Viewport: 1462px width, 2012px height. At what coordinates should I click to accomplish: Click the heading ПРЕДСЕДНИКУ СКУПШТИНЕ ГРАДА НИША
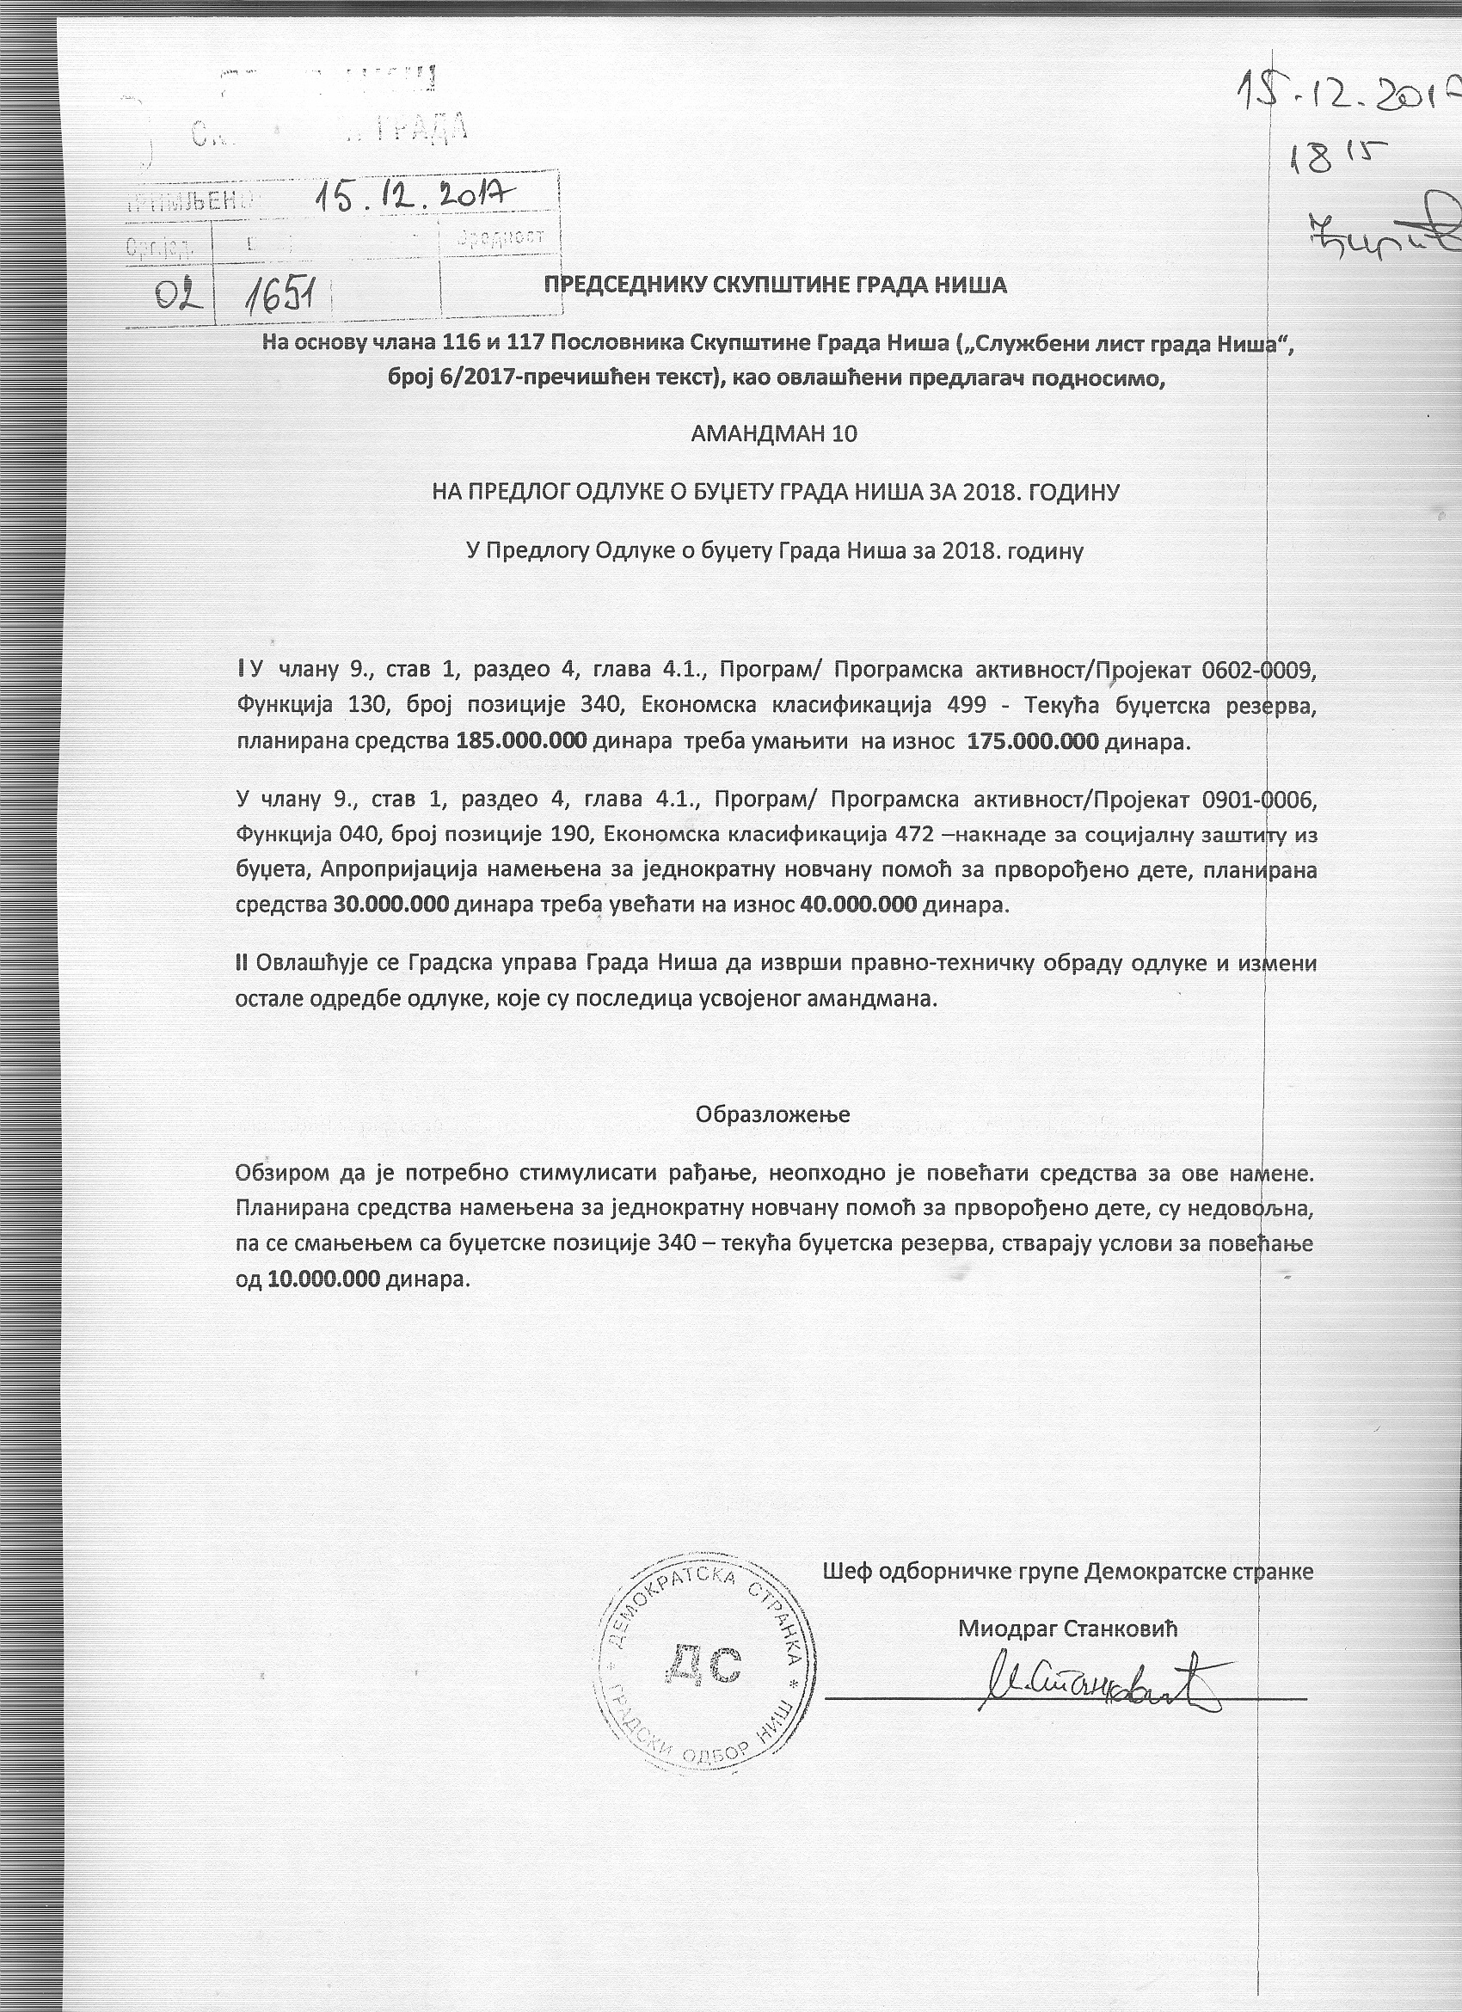tap(776, 285)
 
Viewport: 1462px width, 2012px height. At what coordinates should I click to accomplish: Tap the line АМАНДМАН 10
tap(775, 435)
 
